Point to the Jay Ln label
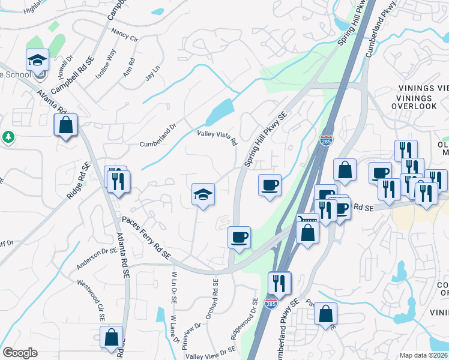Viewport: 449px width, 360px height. (x=152, y=73)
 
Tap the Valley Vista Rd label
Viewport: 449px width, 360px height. (x=218, y=137)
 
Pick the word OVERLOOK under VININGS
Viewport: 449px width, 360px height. (x=414, y=106)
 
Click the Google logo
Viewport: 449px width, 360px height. (x=20, y=353)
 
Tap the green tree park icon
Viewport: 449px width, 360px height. (x=8, y=137)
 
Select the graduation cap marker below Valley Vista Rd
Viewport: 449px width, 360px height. (x=203, y=194)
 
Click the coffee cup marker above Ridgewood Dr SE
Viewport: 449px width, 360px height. (x=239, y=238)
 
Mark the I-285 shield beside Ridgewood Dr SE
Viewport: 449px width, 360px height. (x=271, y=304)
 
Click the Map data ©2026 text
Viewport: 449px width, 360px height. (x=424, y=355)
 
